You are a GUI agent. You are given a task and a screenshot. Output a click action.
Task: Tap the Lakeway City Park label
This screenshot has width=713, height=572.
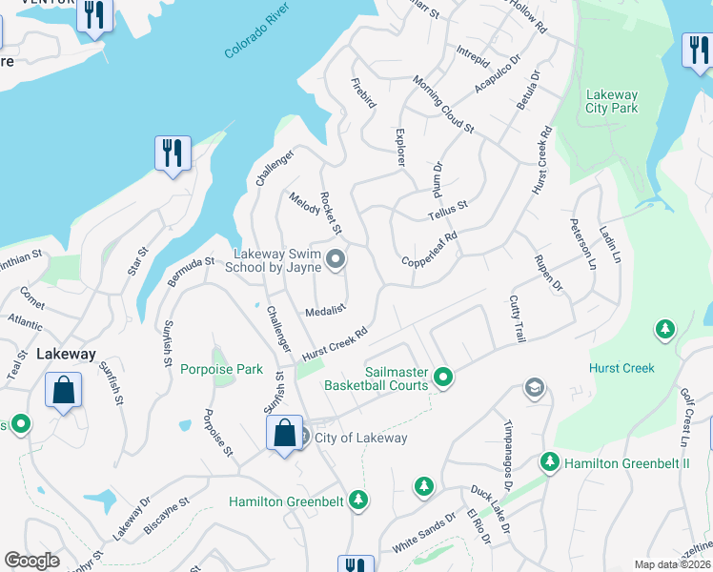612,101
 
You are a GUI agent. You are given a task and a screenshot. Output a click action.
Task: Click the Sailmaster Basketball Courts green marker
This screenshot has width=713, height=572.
442,378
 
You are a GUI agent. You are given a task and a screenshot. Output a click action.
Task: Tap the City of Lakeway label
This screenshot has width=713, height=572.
360,439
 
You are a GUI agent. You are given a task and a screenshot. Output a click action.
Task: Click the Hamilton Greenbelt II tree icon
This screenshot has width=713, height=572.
549,462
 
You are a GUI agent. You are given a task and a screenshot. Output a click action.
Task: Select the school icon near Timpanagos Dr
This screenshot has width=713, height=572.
534,388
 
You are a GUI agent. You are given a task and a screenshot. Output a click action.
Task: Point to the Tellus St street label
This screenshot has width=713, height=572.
448,210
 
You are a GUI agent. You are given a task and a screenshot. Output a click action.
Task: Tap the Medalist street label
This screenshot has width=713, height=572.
324,312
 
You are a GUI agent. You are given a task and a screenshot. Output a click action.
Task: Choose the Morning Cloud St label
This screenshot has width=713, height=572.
443,112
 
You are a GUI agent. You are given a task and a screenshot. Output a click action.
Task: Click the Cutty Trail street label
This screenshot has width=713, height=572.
519,318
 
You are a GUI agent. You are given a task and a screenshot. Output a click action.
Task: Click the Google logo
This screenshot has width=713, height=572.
31,561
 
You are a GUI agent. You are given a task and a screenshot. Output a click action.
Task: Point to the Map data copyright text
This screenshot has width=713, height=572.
672,564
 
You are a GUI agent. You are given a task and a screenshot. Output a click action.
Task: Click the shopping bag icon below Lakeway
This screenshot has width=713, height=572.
63,391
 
